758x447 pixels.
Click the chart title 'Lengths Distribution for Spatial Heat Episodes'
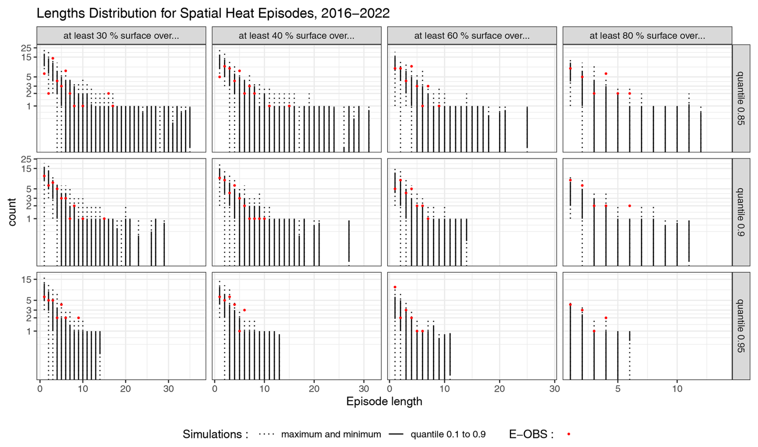click(x=213, y=13)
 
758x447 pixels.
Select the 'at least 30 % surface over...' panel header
click(x=121, y=36)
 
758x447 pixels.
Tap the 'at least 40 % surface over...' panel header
click(x=296, y=36)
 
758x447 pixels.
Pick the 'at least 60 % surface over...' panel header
click(x=472, y=36)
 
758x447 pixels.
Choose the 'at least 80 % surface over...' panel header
click(x=647, y=36)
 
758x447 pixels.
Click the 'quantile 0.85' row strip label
click(x=741, y=98)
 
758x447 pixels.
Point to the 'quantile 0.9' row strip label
click(x=741, y=212)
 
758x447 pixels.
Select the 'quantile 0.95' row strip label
click(x=741, y=326)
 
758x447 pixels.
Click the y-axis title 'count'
click(x=12, y=212)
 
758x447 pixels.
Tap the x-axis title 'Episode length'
click(x=384, y=401)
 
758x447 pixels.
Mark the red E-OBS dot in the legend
click(x=568, y=434)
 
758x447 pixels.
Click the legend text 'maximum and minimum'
click(x=331, y=434)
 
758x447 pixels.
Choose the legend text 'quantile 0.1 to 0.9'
click(x=448, y=434)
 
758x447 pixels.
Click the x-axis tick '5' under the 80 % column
click(x=618, y=389)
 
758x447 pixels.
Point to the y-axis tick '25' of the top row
click(x=26, y=48)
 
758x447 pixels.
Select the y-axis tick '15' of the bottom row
click(x=26, y=279)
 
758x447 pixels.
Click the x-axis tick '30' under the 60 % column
click(x=554, y=389)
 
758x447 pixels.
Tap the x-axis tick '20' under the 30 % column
click(x=125, y=389)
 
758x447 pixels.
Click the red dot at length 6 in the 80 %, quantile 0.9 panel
click(x=630, y=206)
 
